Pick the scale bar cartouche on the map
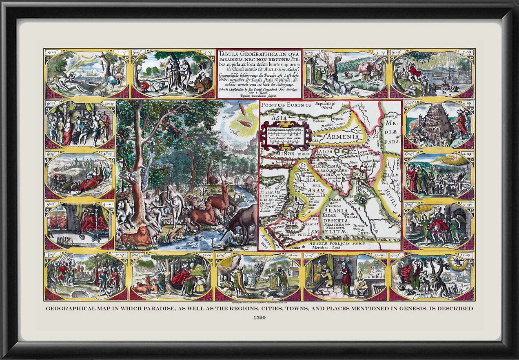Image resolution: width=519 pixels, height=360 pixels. (x=286, y=135)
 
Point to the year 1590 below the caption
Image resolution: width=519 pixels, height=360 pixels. (x=259, y=318)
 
